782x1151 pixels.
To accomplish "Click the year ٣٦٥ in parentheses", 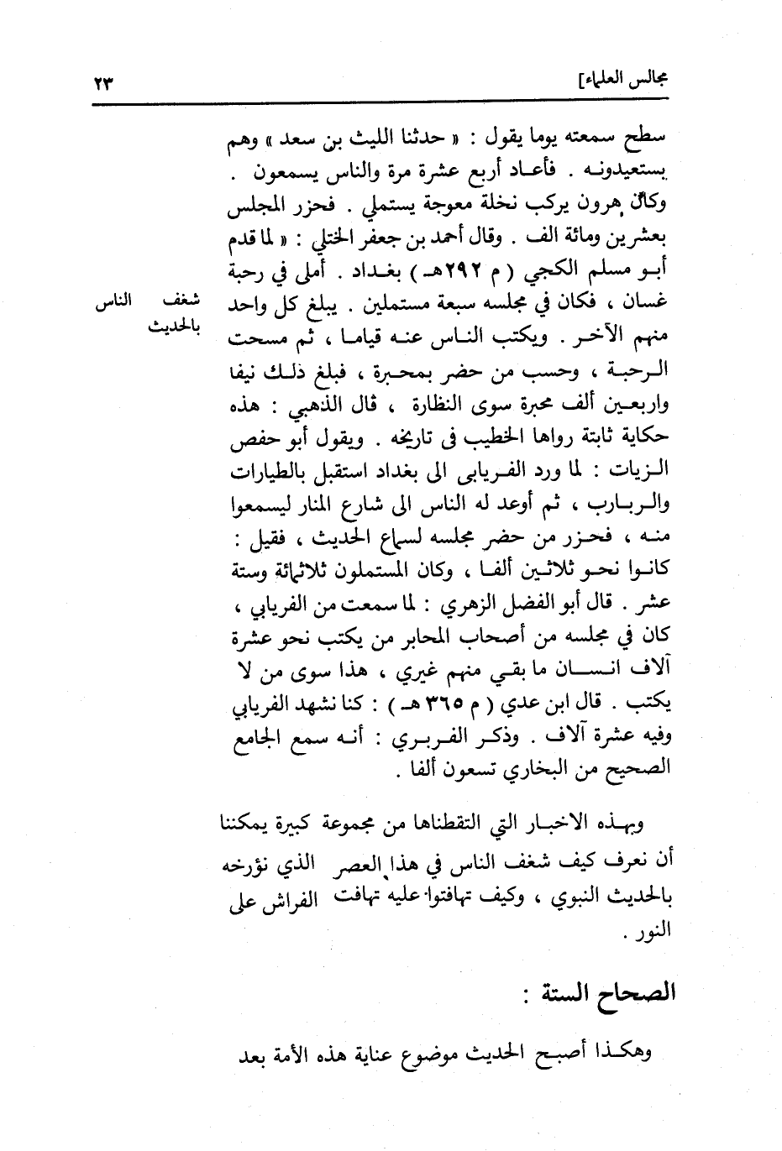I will pyautogui.click(x=490, y=708).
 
